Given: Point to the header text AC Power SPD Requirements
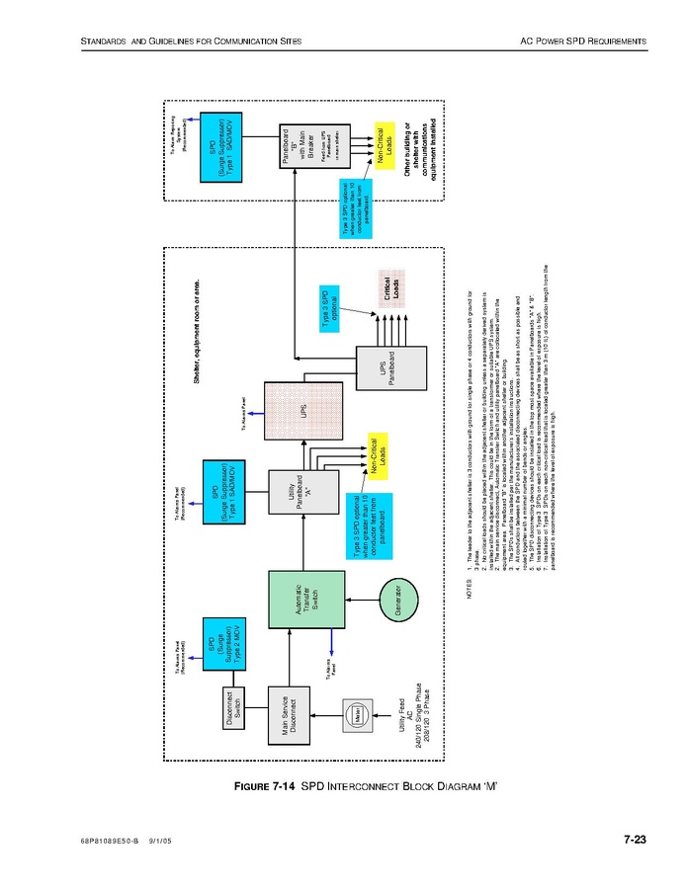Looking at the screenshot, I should pyautogui.click(x=583, y=40).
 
